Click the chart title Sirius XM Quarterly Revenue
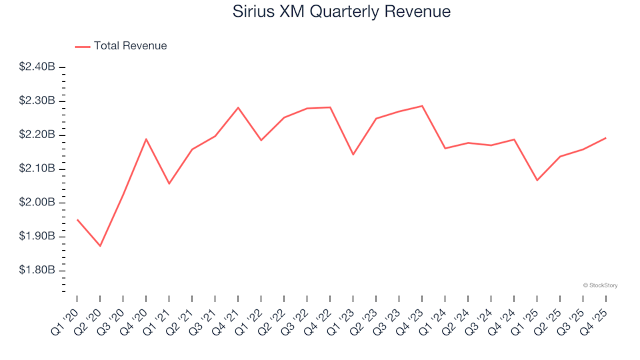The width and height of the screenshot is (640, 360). point(341,11)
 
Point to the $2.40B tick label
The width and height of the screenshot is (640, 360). point(37,67)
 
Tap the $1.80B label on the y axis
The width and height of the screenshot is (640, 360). point(37,271)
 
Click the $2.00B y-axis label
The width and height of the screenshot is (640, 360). point(37,203)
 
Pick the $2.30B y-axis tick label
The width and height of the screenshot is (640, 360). point(37,101)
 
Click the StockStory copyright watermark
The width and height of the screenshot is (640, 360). point(600,285)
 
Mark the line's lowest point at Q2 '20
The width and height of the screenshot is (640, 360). point(100,246)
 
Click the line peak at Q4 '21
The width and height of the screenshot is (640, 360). point(238,107)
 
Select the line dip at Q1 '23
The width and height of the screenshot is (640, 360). point(353,155)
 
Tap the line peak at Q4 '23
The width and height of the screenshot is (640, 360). point(422,105)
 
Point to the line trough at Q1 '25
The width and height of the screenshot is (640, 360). point(537,181)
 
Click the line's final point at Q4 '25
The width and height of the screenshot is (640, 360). point(605,138)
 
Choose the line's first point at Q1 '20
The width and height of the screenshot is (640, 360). point(77,219)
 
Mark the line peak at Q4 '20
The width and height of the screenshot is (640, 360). point(146,139)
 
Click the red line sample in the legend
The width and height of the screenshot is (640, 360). point(83,46)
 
